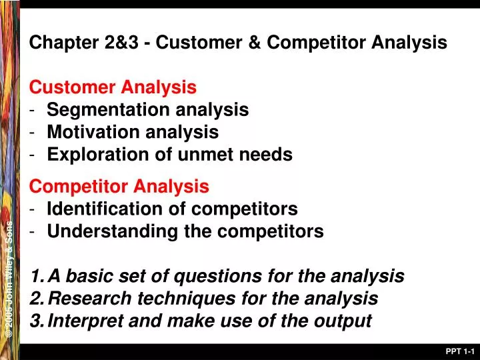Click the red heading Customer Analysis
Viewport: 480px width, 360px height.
coord(113,87)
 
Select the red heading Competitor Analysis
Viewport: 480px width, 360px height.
coord(119,186)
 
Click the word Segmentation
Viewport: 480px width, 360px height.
coord(104,109)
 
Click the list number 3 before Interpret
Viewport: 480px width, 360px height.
coord(36,321)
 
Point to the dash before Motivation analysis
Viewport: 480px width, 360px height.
coord(33,132)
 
